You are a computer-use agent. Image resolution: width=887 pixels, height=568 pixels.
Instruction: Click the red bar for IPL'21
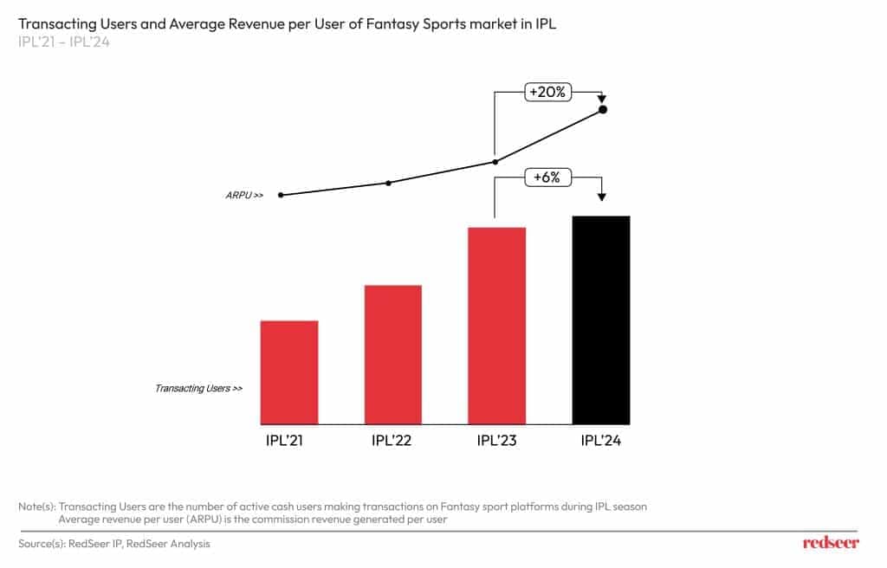tap(289, 372)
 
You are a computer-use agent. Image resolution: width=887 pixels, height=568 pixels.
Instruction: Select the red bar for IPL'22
tap(393, 354)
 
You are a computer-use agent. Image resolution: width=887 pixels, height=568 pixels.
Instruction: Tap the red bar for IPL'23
tap(497, 326)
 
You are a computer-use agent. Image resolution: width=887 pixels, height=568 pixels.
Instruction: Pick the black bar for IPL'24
tap(601, 319)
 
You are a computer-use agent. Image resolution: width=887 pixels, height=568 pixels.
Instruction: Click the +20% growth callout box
tap(548, 91)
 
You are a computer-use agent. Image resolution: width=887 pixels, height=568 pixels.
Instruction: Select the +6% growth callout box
tap(548, 177)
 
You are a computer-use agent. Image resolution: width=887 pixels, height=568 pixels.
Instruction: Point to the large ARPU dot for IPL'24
tap(603, 110)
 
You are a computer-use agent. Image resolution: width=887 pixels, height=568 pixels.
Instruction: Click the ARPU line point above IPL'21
tap(282, 195)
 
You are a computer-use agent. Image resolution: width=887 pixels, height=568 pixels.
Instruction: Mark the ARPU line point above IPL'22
tap(388, 183)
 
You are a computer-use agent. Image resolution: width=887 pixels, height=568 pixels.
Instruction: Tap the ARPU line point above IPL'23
tap(495, 161)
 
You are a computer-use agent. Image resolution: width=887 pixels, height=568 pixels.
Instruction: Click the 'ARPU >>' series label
tap(244, 196)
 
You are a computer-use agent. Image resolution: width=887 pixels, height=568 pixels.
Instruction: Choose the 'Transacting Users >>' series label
tap(198, 389)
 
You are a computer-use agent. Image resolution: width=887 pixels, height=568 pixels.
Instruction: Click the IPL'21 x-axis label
tap(285, 441)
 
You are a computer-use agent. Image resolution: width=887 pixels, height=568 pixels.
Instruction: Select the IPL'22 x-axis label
tap(392, 441)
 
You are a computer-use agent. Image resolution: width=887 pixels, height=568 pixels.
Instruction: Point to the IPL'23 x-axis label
tap(497, 441)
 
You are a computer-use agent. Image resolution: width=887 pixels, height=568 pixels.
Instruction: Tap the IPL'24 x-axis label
tap(601, 441)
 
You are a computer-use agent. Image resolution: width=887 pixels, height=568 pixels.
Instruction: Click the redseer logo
tap(831, 543)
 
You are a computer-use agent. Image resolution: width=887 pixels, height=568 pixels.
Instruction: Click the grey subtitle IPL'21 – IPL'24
tap(63, 42)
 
